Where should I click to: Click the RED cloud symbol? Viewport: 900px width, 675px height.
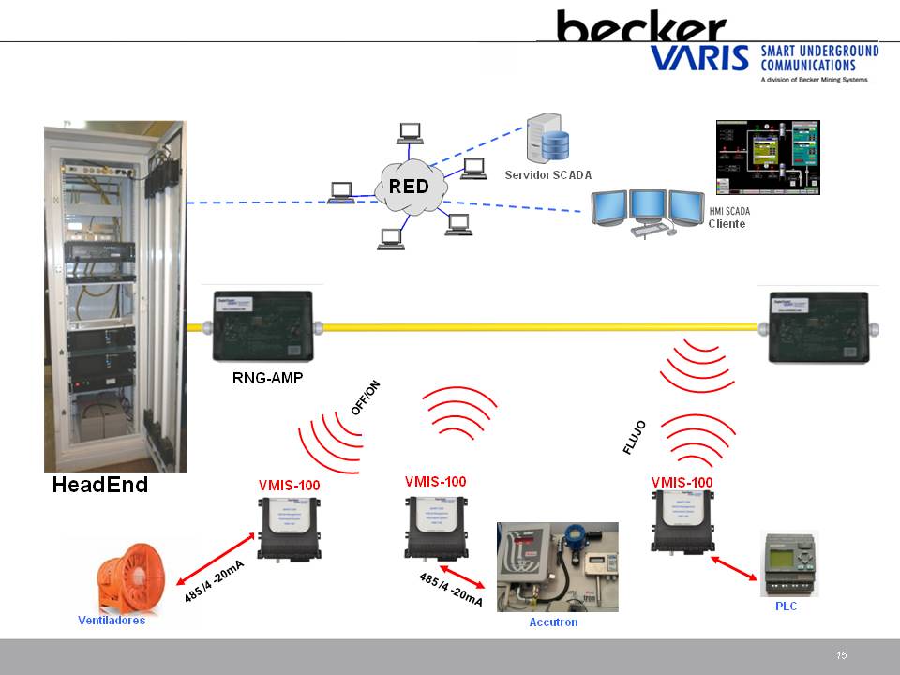pyautogui.click(x=409, y=186)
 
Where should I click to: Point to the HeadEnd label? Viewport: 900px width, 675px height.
pyautogui.click(x=100, y=486)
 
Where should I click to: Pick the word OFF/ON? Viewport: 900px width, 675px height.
pyautogui.click(x=367, y=398)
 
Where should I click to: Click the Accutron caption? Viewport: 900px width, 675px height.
pyautogui.click(x=554, y=622)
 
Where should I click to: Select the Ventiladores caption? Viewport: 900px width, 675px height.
pyautogui.click(x=112, y=621)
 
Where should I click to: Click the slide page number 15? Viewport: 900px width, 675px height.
pyautogui.click(x=842, y=655)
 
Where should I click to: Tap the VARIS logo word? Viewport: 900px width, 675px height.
pyautogui.click(x=699, y=59)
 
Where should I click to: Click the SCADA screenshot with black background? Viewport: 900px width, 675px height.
pyautogui.click(x=768, y=157)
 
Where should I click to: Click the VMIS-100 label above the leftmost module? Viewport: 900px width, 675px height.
pyautogui.click(x=289, y=486)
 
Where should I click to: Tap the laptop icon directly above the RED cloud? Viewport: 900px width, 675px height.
pyautogui.click(x=409, y=133)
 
